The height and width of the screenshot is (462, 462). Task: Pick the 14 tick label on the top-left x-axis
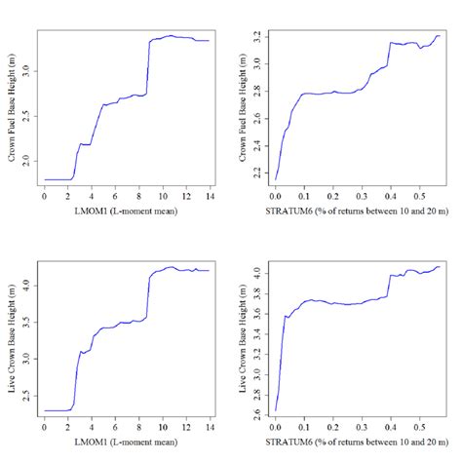(209, 198)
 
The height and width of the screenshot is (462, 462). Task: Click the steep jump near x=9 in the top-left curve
(148, 68)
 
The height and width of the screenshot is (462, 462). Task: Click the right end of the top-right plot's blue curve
(440, 36)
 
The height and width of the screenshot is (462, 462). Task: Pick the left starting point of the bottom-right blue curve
(275, 410)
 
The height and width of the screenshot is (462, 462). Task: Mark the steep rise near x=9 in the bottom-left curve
(148, 297)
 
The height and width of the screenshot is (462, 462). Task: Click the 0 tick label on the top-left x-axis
(45, 198)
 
